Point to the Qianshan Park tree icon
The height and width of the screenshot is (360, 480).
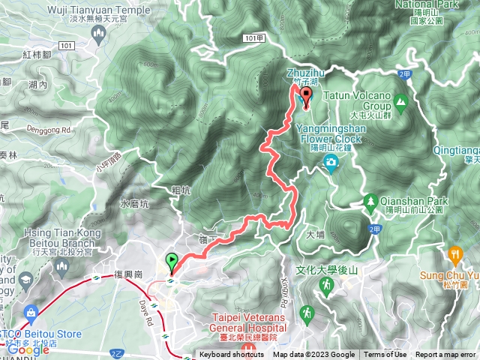click(x=370, y=201)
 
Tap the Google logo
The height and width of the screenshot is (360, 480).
click(x=28, y=349)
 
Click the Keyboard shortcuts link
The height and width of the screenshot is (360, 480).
click(x=232, y=355)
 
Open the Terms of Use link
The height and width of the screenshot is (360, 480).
click(x=385, y=355)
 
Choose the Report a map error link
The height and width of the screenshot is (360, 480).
click(x=445, y=355)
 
